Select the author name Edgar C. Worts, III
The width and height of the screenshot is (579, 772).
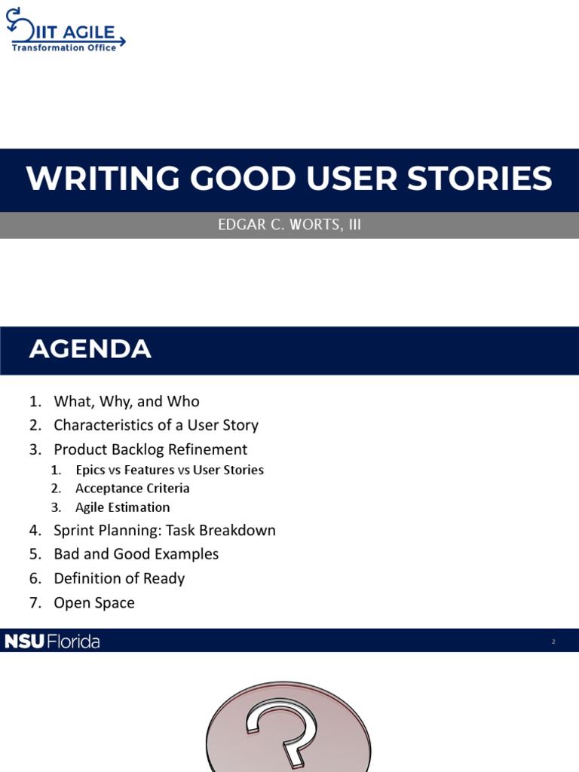(289, 225)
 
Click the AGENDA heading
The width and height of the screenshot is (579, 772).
(90, 350)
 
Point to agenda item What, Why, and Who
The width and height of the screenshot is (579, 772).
(126, 402)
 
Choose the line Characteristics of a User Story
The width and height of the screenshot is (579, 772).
(155, 425)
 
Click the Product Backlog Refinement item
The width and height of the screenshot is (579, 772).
(150, 449)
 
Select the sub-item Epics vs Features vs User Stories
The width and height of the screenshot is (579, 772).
(169, 470)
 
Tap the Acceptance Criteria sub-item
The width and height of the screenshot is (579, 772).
(132, 489)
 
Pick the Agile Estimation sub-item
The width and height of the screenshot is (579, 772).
(122, 507)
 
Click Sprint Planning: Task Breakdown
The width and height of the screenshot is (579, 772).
(164, 531)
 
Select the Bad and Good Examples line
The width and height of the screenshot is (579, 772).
(136, 554)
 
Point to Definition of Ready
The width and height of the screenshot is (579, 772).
(119, 578)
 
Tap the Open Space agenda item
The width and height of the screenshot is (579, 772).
(94, 603)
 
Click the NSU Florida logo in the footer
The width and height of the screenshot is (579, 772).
(52, 642)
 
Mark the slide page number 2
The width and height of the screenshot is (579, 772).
(553, 642)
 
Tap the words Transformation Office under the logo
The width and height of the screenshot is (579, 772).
(64, 48)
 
